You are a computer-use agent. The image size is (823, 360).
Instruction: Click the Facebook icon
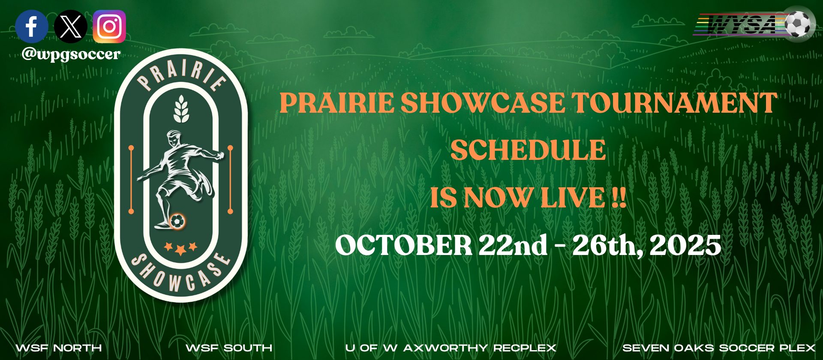coord(32,27)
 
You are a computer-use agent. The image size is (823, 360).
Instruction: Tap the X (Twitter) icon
coord(71,27)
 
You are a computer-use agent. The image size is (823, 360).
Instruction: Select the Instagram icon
coord(109,27)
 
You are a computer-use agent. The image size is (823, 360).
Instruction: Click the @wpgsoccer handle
coord(71,54)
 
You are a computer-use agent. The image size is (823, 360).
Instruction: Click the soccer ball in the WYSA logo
coord(799,24)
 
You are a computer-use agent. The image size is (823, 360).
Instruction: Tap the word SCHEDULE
coord(528,150)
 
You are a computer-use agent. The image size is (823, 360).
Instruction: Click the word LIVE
coord(573,198)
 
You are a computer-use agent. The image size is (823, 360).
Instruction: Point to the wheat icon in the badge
coord(181,109)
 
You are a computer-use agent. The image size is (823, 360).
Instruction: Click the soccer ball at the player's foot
coord(177,222)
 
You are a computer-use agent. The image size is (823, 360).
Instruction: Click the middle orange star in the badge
coord(181,249)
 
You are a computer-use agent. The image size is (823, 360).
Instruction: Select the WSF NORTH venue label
coord(59,348)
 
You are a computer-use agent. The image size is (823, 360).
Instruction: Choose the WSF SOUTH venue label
coord(229,348)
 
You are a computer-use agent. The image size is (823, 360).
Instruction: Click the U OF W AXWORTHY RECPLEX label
coord(451,348)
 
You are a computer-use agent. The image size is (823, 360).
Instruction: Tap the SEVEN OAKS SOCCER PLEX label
coord(719,348)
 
